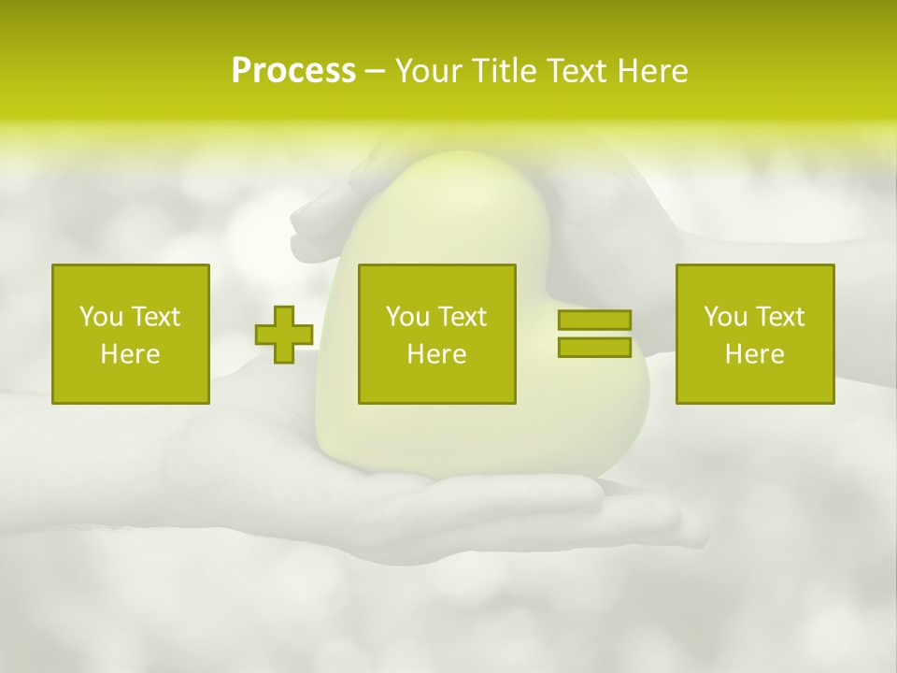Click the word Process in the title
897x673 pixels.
pos(293,71)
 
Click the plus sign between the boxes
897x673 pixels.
pos(284,335)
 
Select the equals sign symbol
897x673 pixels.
pos(594,334)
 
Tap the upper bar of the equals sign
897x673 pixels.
pos(594,321)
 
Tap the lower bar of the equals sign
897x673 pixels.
pos(594,347)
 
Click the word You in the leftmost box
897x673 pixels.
pos(101,317)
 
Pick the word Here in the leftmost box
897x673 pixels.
pos(130,354)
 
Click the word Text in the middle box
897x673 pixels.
pos(463,317)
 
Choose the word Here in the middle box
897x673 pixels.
pos(436,354)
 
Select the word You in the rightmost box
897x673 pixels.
pos(725,317)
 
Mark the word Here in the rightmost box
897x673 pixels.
pos(754,354)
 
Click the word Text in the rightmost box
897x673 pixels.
pos(780,317)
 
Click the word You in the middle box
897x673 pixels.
pos(407,317)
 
